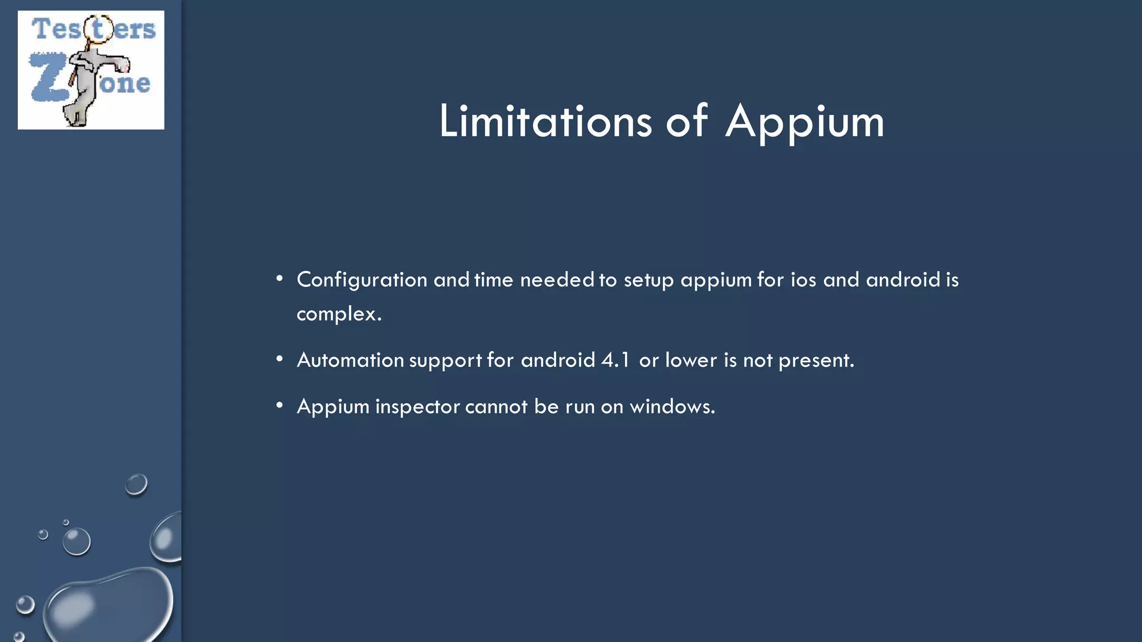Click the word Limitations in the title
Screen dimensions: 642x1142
click(545, 121)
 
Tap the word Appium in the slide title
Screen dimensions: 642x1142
click(805, 122)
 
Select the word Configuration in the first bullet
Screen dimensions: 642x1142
click(362, 280)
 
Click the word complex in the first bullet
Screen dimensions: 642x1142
click(337, 314)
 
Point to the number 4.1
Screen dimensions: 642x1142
click(615, 360)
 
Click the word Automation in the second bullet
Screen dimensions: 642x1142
click(350, 360)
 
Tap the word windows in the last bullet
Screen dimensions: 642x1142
click(671, 406)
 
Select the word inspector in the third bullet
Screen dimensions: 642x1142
click(417, 407)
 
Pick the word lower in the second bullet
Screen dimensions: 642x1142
click(691, 360)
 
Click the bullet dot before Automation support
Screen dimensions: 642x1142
click(279, 359)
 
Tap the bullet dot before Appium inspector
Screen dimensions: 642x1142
click(279, 405)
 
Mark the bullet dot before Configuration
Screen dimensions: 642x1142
click(279, 278)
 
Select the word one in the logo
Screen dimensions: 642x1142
click(125, 84)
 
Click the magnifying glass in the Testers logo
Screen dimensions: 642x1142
click(99, 29)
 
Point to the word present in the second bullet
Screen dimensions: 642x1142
click(815, 361)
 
